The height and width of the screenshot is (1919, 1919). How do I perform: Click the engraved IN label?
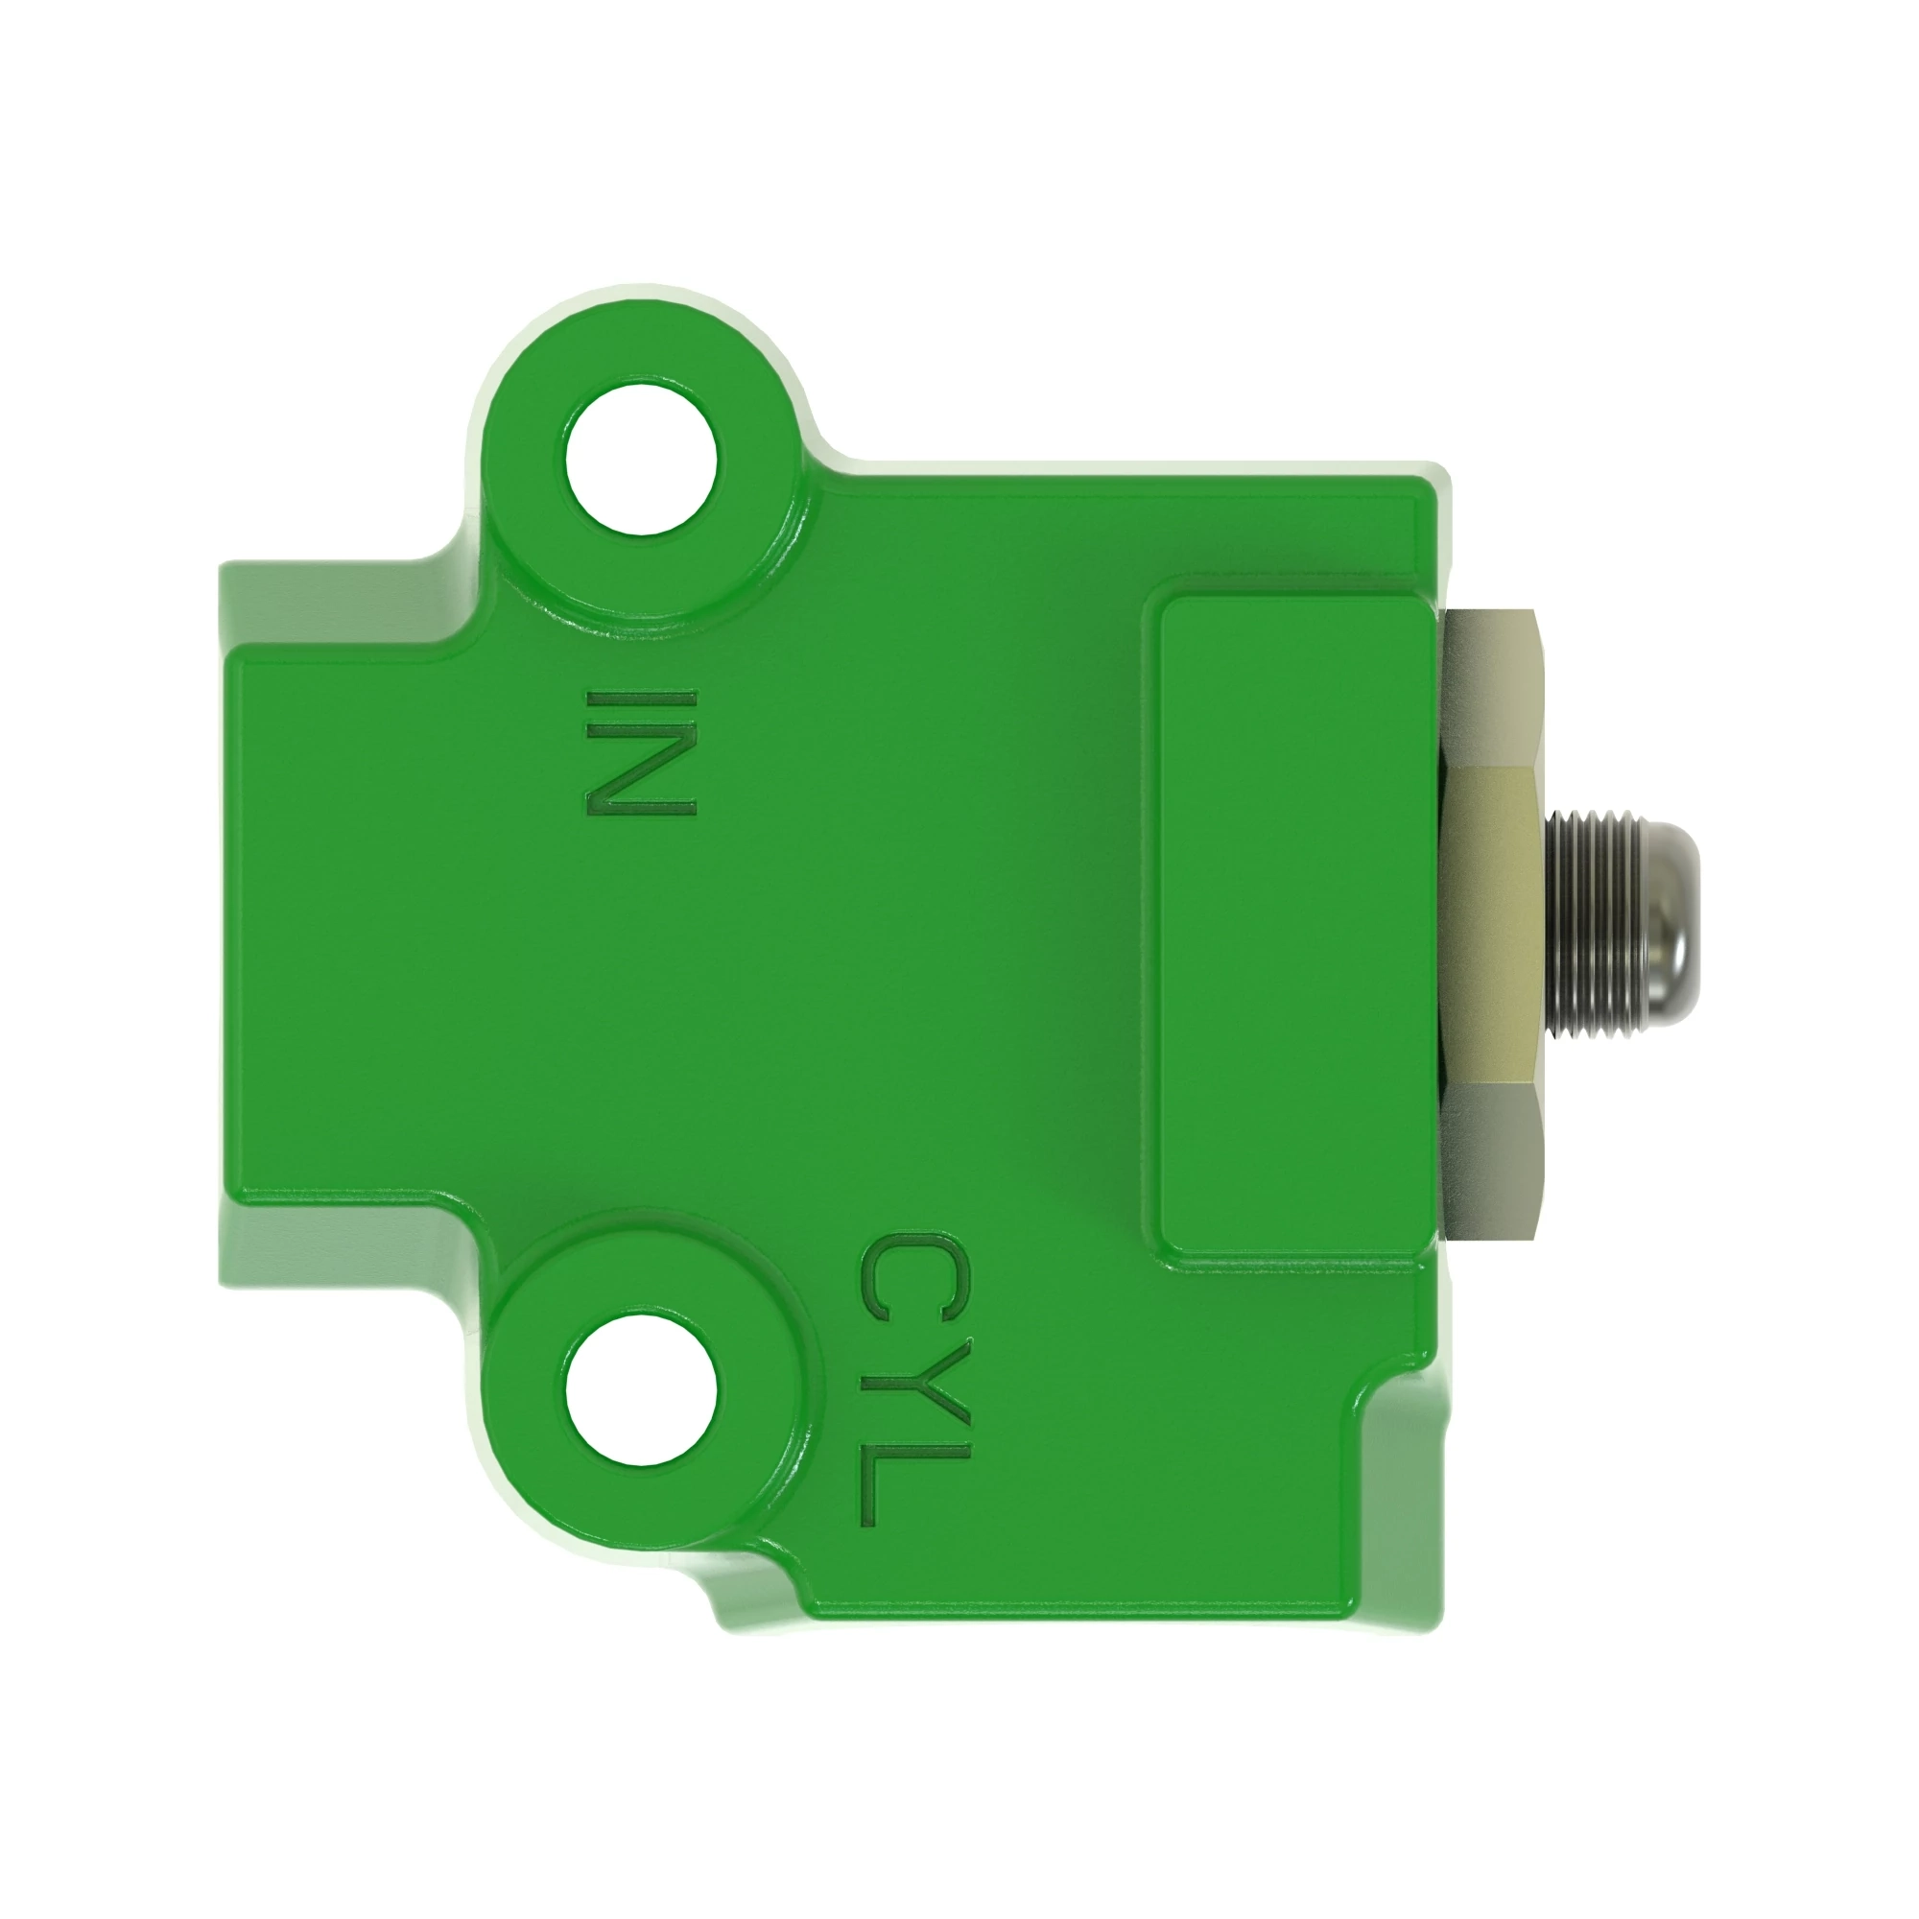point(642,754)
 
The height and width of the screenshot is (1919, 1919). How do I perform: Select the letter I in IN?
point(642,703)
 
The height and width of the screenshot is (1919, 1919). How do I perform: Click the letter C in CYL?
point(912,1276)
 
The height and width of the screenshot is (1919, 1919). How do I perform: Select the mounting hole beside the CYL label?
point(642,1389)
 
